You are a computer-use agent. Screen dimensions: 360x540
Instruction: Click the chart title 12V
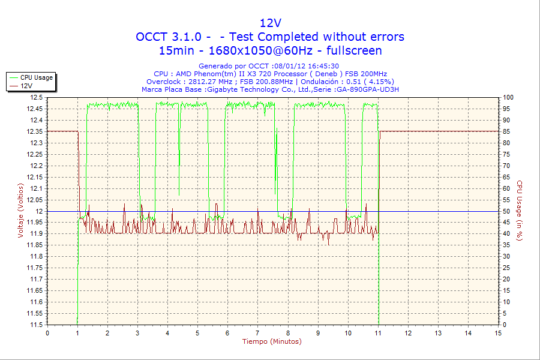[270, 23]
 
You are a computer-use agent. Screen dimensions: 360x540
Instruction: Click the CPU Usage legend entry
[36, 77]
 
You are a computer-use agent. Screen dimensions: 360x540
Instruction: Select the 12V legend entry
[26, 86]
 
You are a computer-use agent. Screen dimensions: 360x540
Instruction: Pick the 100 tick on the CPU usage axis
[508, 97]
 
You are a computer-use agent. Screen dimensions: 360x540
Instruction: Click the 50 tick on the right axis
[506, 211]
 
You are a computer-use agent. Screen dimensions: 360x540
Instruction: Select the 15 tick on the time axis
[498, 333]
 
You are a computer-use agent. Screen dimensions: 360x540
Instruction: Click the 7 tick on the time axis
[257, 333]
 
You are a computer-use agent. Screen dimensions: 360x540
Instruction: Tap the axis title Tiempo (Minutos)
[272, 341]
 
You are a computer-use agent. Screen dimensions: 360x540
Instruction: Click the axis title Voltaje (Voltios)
[21, 211]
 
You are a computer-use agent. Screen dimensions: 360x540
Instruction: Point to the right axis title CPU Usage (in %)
[520, 211]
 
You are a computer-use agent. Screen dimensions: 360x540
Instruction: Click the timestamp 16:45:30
[325, 66]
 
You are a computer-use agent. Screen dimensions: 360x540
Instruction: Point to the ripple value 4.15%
[379, 82]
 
